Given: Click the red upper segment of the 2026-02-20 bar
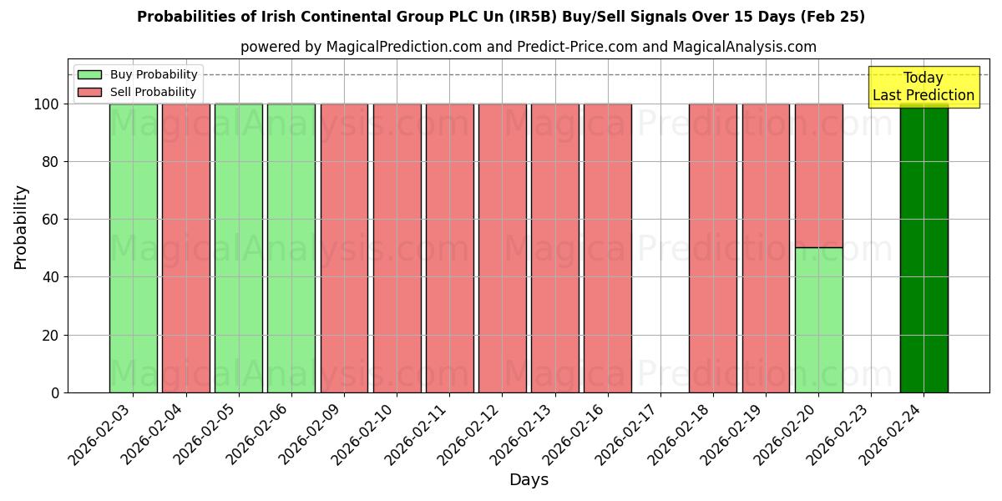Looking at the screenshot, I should (x=818, y=175).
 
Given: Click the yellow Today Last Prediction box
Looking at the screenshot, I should (x=923, y=87).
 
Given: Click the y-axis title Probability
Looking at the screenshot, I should (x=21, y=227).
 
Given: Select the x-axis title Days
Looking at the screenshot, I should (x=529, y=480).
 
